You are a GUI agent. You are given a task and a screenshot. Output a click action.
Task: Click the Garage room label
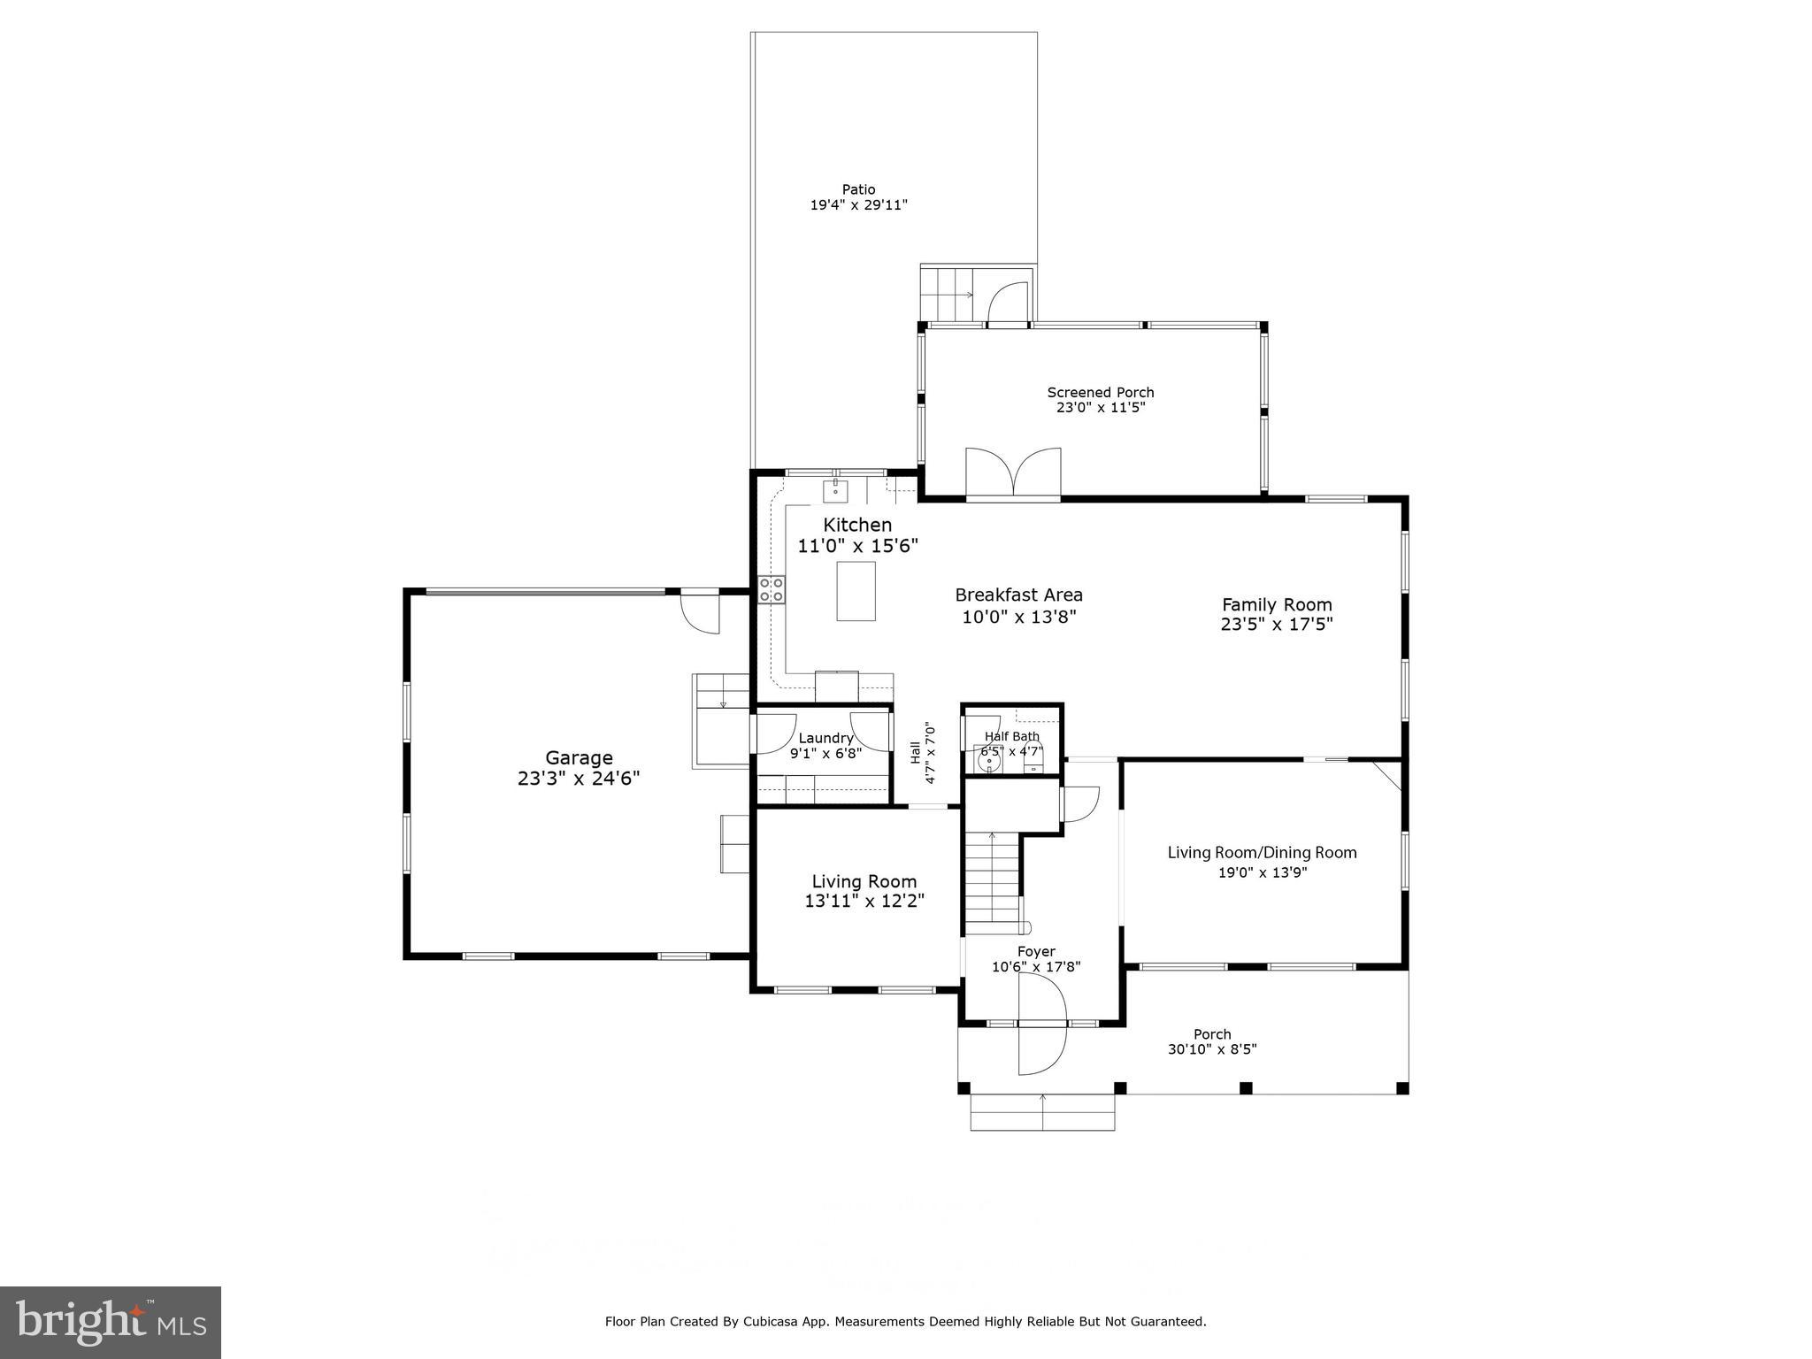(579, 758)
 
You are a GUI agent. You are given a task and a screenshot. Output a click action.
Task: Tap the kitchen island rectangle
(856, 591)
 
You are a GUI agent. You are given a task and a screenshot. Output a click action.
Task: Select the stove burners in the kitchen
(771, 590)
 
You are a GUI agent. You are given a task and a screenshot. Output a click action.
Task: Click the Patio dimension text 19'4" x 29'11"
(858, 205)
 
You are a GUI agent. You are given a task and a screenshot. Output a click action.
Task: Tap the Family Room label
(1276, 605)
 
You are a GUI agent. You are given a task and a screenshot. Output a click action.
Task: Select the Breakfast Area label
(1018, 595)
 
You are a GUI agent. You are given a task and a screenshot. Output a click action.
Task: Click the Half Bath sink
(988, 759)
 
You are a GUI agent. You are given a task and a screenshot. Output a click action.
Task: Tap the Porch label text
(1212, 1034)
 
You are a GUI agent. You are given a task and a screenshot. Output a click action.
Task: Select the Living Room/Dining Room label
(1262, 853)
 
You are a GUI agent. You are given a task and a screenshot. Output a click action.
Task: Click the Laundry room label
(825, 738)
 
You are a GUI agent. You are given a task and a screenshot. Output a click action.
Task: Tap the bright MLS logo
(111, 1322)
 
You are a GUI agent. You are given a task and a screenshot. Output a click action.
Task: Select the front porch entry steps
(1042, 1112)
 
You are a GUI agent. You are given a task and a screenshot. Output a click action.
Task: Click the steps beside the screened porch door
(948, 294)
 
